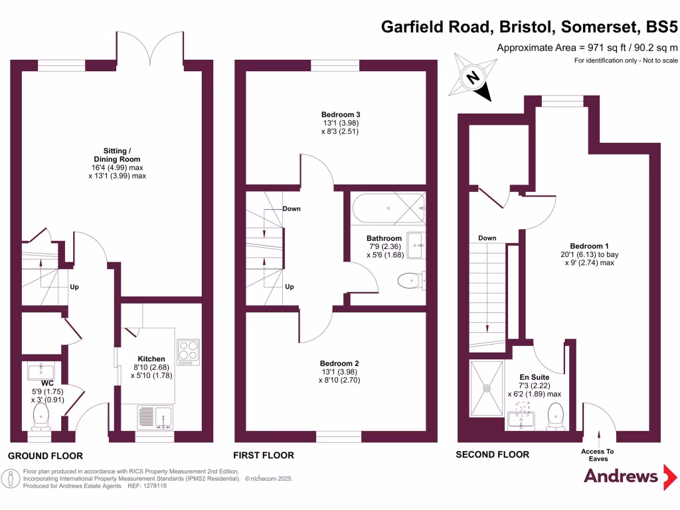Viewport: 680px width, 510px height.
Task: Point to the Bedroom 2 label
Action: click(x=339, y=363)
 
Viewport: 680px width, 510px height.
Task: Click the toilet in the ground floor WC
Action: click(x=41, y=416)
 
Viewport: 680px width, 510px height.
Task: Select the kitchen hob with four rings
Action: click(x=188, y=353)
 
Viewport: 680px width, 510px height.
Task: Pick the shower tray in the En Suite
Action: click(x=487, y=385)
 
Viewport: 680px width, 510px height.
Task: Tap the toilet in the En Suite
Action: click(x=556, y=416)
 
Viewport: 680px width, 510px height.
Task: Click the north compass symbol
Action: click(x=473, y=79)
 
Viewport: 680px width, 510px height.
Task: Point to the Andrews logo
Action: click(x=621, y=475)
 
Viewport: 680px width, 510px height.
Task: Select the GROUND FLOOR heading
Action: click(x=45, y=456)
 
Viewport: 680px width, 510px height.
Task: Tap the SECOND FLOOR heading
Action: click(x=492, y=455)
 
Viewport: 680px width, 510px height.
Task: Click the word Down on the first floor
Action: click(x=292, y=209)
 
